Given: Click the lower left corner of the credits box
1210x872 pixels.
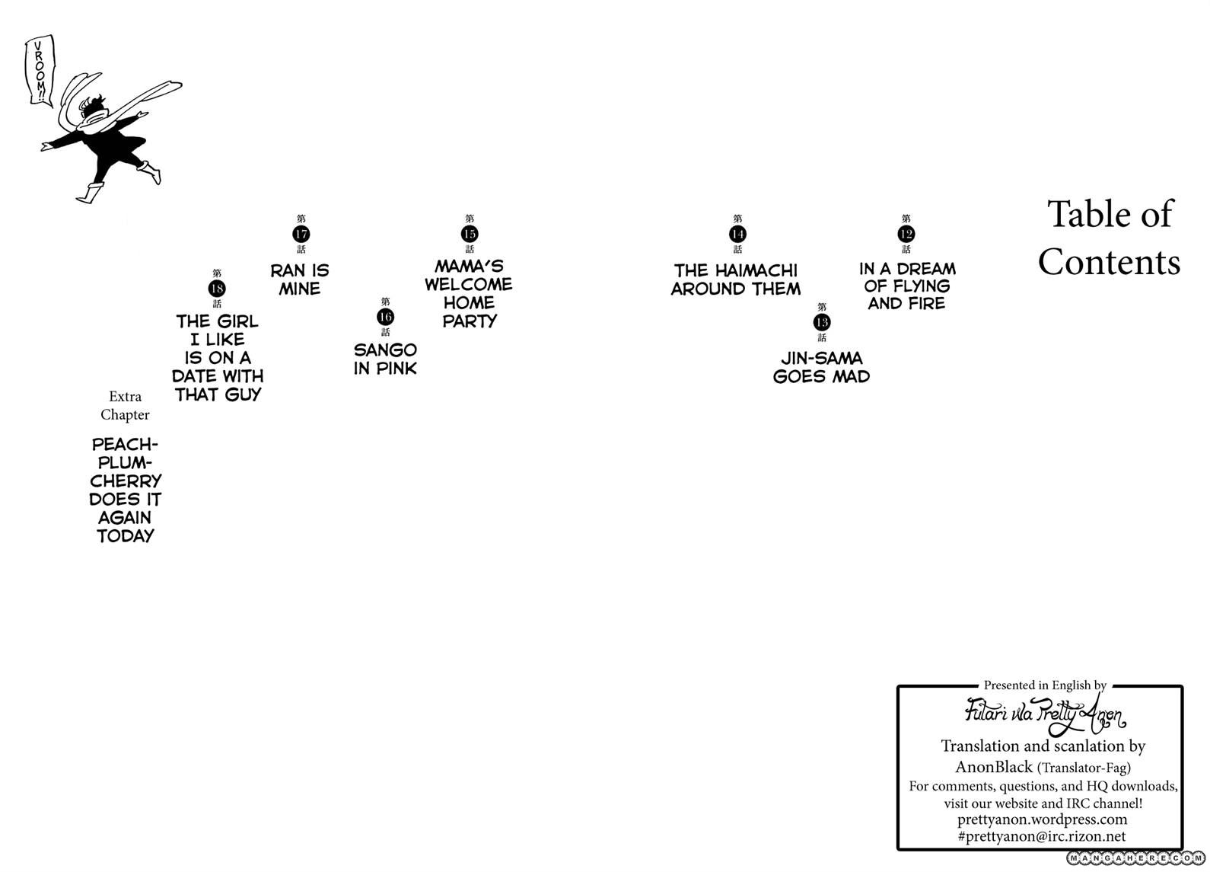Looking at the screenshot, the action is coord(898,849).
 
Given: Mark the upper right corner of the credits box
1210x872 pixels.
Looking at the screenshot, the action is coord(1183,687).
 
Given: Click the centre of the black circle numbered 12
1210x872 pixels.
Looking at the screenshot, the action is coord(906,234).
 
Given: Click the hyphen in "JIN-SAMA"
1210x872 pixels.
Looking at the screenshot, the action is coord(812,358).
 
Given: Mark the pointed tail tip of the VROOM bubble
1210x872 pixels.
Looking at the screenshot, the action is coord(52,107).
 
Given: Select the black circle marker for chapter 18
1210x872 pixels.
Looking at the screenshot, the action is coord(217,289).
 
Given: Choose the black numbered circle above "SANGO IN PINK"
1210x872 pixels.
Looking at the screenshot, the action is coord(385,317).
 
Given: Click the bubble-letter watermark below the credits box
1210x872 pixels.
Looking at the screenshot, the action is coord(1135,858).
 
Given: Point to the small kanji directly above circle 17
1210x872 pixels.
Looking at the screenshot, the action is coord(301,219).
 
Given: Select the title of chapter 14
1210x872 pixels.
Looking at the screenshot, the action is coord(735,279).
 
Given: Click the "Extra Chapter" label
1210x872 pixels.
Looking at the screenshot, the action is coord(125,405).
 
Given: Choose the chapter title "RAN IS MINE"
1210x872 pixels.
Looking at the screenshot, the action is coord(300,279).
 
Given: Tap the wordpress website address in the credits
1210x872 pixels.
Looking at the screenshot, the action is coord(1042,819).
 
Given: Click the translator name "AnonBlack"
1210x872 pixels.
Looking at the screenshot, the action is coord(994,767).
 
